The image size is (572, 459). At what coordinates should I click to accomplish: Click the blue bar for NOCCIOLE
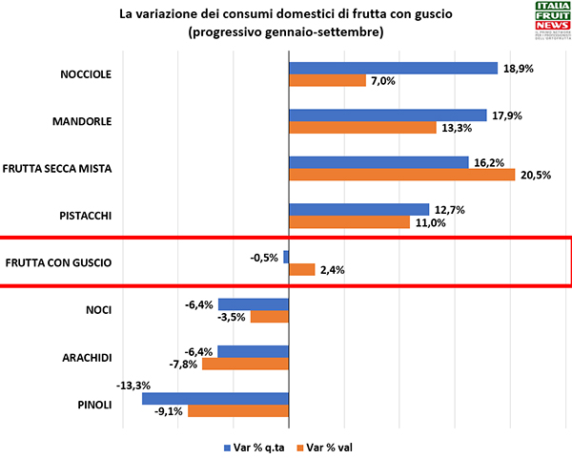coord(393,68)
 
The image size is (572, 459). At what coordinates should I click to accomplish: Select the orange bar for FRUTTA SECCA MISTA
coord(401,175)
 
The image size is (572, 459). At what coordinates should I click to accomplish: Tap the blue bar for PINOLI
coord(215,399)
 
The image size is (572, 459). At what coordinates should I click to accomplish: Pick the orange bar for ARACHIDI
coord(245,364)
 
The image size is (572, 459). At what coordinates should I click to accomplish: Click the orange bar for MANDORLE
coord(362,128)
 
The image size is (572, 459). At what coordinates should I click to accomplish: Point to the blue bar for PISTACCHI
coord(358,209)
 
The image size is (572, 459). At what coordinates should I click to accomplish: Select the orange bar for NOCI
coord(269,317)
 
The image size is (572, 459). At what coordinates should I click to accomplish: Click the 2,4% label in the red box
coord(332,270)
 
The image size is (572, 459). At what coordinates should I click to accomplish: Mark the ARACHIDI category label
coord(87,357)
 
